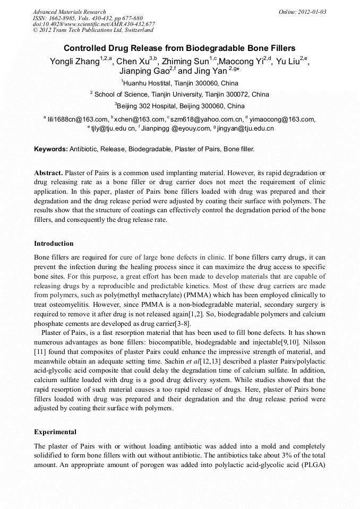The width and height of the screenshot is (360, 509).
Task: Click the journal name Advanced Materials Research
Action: click(69, 12)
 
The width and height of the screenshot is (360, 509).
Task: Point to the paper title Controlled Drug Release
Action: click(179, 48)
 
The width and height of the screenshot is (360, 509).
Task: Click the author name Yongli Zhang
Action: click(74, 61)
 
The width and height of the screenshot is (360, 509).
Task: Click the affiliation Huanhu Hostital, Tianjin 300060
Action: click(181, 83)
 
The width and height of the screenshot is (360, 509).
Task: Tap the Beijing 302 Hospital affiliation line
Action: click(179, 106)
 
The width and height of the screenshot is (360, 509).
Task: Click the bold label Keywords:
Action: click(51, 150)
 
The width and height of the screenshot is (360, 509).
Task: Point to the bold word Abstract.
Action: click(48, 173)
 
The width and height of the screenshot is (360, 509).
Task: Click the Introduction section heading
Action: click(54, 244)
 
